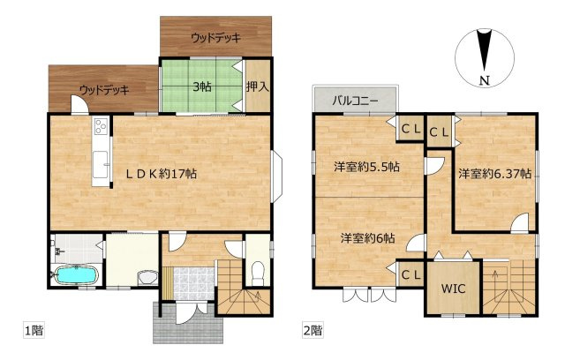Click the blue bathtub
[76, 275]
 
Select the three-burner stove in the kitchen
[101, 126]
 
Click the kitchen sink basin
[100, 164]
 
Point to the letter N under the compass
[485, 81]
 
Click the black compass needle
[485, 50]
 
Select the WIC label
[453, 289]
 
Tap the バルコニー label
[355, 101]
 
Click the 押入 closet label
[258, 86]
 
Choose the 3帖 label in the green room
[202, 86]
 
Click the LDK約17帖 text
[161, 174]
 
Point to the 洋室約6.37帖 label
[494, 174]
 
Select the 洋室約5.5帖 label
[366, 167]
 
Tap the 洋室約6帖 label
[367, 238]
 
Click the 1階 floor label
[34, 330]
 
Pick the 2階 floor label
[313, 330]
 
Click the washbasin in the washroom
[147, 278]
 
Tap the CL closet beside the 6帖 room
[411, 275]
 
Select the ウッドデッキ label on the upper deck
[215, 38]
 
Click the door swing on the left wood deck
[79, 104]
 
